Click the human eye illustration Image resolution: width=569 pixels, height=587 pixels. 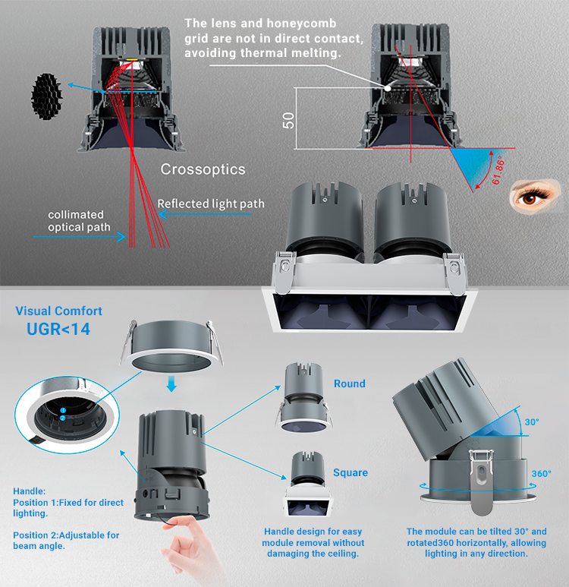point(533,196)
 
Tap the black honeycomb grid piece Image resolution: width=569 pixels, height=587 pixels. point(46,96)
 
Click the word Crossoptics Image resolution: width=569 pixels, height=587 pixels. point(203,169)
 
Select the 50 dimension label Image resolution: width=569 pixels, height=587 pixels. point(288,120)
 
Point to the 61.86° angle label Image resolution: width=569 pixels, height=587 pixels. point(498,172)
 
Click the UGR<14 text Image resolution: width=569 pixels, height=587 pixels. point(58,330)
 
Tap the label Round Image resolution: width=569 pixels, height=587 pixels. point(350,383)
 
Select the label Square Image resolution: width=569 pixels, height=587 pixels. point(351,473)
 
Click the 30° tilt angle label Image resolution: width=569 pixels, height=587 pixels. point(532,422)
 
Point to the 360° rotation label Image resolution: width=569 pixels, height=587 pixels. point(542,474)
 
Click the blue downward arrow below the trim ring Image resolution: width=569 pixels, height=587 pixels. point(171,384)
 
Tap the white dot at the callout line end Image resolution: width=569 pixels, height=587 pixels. point(388,88)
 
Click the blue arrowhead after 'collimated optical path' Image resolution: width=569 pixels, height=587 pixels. point(121,237)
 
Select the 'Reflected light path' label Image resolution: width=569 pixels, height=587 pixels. point(211,204)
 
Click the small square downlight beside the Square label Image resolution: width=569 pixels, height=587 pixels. point(309,484)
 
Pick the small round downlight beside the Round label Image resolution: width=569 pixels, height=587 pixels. point(304,398)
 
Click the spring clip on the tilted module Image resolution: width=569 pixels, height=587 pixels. point(482,481)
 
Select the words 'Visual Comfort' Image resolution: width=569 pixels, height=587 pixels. point(58,311)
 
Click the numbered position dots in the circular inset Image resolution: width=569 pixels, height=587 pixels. point(63,415)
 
